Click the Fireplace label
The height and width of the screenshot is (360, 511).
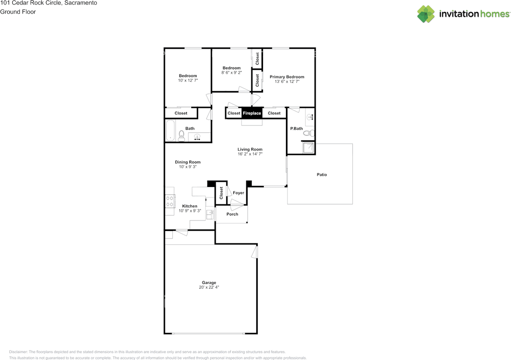click(x=252, y=113)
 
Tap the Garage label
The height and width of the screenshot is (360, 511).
click(x=209, y=282)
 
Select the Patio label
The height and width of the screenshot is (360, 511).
click(x=322, y=175)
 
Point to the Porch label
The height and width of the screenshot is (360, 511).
click(x=232, y=214)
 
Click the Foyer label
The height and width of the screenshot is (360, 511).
click(x=238, y=193)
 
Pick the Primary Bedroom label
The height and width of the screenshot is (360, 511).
click(x=287, y=77)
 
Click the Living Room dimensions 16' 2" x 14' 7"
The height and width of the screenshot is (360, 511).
click(x=250, y=154)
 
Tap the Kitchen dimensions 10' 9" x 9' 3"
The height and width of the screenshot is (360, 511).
click(x=190, y=211)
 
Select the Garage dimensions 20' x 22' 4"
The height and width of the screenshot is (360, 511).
click(x=209, y=287)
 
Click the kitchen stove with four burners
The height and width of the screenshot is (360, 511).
click(x=170, y=201)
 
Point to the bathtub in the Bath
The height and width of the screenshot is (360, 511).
click(x=170, y=130)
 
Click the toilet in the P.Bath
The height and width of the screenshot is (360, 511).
click(x=309, y=133)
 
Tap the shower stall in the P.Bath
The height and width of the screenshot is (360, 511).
click(x=309, y=148)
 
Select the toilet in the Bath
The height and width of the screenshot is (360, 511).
click(x=181, y=136)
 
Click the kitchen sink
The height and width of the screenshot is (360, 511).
click(x=210, y=215)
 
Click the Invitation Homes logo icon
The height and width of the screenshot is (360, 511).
click(x=426, y=14)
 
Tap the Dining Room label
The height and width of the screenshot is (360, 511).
click(x=188, y=162)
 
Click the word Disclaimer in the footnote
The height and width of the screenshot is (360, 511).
click(x=18, y=352)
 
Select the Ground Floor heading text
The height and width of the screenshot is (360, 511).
click(x=18, y=12)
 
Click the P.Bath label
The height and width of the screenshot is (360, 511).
click(x=296, y=129)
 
